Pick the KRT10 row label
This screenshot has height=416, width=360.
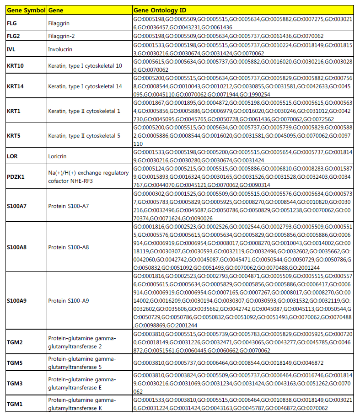coord(16,66)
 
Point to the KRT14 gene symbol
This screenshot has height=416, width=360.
coord(16,87)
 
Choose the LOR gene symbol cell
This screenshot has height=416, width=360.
coord(12,156)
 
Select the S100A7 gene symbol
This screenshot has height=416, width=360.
coord(18,206)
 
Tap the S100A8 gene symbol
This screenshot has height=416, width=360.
coord(18,247)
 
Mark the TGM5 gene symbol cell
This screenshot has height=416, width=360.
coord(15,362)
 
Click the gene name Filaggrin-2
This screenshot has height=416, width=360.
coord(62,35)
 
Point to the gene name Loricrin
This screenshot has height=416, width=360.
coord(58,156)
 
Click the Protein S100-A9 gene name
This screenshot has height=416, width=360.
coord(69,300)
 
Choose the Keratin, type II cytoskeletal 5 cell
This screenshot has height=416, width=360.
coord(85,136)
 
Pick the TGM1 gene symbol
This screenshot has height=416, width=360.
coord(15,404)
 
